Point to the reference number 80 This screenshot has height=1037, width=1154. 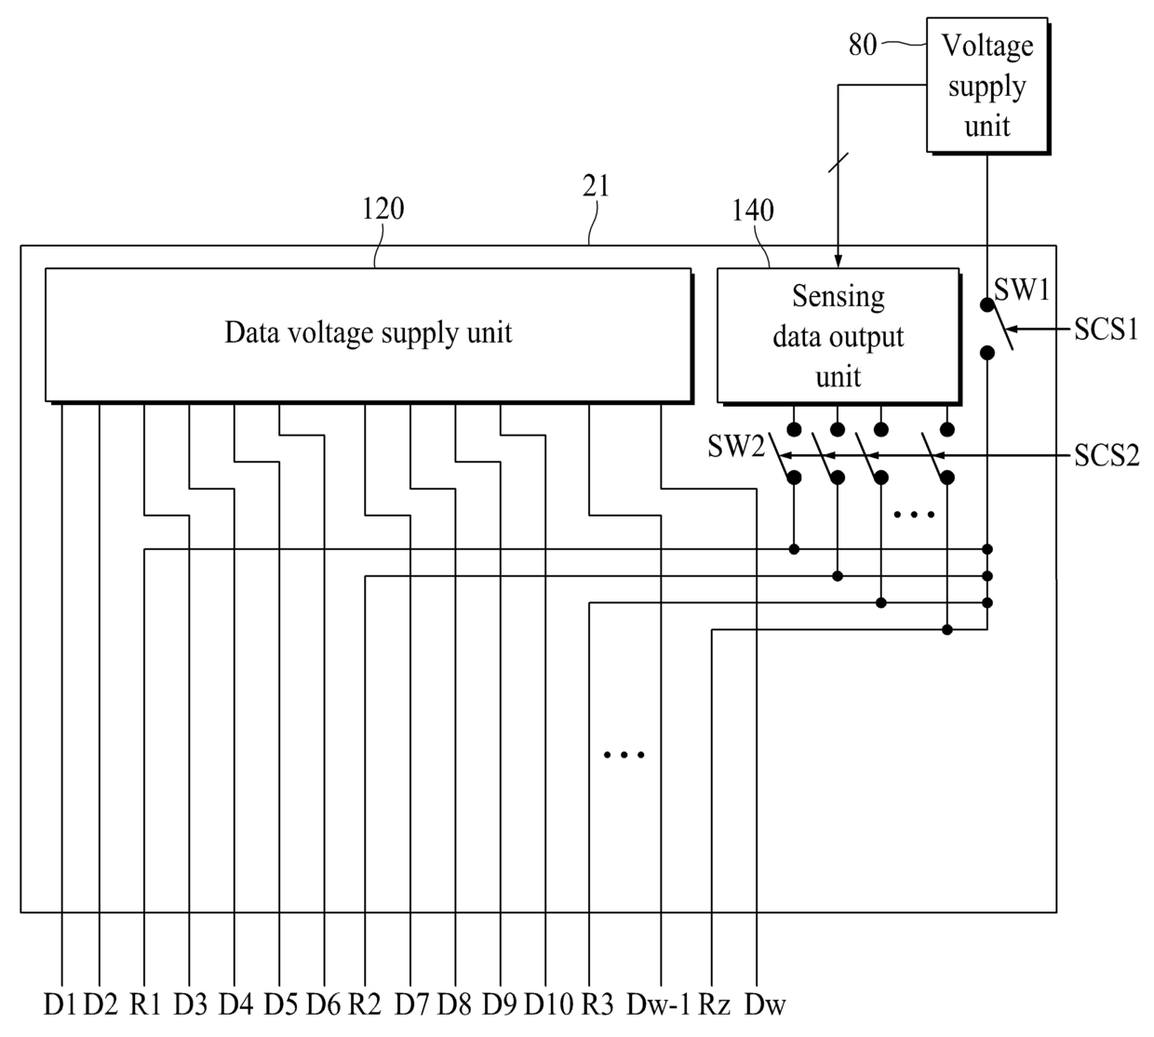point(863,45)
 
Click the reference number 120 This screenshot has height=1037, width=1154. point(383,209)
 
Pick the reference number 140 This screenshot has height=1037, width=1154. point(753,210)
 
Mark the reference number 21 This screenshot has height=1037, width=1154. point(596,186)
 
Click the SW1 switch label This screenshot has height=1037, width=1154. point(1021,290)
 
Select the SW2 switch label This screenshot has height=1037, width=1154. point(736,446)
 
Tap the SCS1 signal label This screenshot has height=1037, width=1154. point(1107,329)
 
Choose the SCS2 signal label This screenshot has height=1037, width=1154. point(1107,455)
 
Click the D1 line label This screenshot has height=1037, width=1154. point(60,1004)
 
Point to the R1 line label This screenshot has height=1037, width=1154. point(145,1004)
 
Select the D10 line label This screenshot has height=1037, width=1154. point(548,1004)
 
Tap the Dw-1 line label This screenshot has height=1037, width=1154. point(659,1004)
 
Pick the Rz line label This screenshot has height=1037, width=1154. point(715,1004)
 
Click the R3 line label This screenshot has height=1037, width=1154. point(597,1004)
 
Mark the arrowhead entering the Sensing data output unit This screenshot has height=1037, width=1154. point(838,261)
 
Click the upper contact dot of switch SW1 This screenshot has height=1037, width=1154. point(987,304)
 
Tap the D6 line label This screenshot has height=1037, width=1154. point(323,1004)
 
